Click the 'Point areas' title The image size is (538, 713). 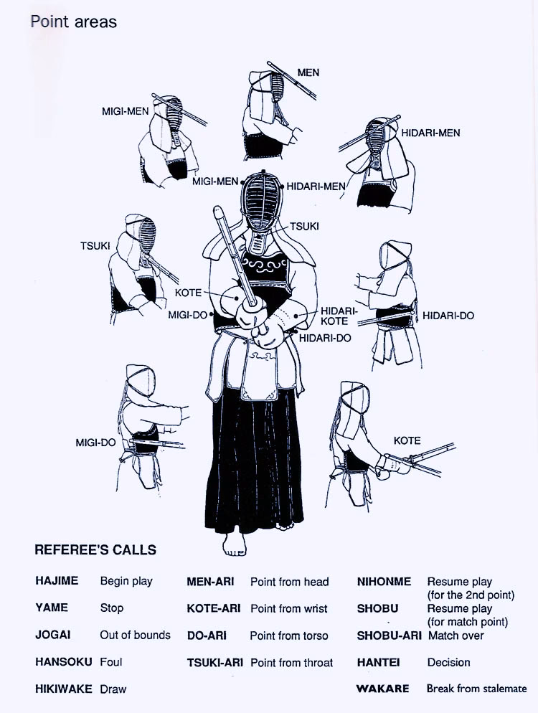click(73, 22)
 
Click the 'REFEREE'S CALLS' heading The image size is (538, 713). click(95, 551)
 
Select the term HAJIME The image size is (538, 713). click(57, 581)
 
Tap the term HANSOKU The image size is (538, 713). click(64, 662)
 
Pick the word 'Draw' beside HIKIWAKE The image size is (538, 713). click(113, 689)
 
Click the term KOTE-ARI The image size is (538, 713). click(213, 608)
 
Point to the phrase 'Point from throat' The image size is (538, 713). click(291, 663)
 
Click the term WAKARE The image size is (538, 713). click(383, 689)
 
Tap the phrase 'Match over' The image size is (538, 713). click(456, 636)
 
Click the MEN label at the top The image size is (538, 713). click(308, 72)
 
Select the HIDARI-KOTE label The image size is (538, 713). click(334, 316)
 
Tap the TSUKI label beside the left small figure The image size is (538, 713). click(95, 246)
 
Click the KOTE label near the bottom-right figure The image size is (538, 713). click(407, 440)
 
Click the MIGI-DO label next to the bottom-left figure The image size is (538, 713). click(95, 443)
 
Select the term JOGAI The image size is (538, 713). click(52, 635)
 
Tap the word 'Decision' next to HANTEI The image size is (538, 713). click(448, 662)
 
